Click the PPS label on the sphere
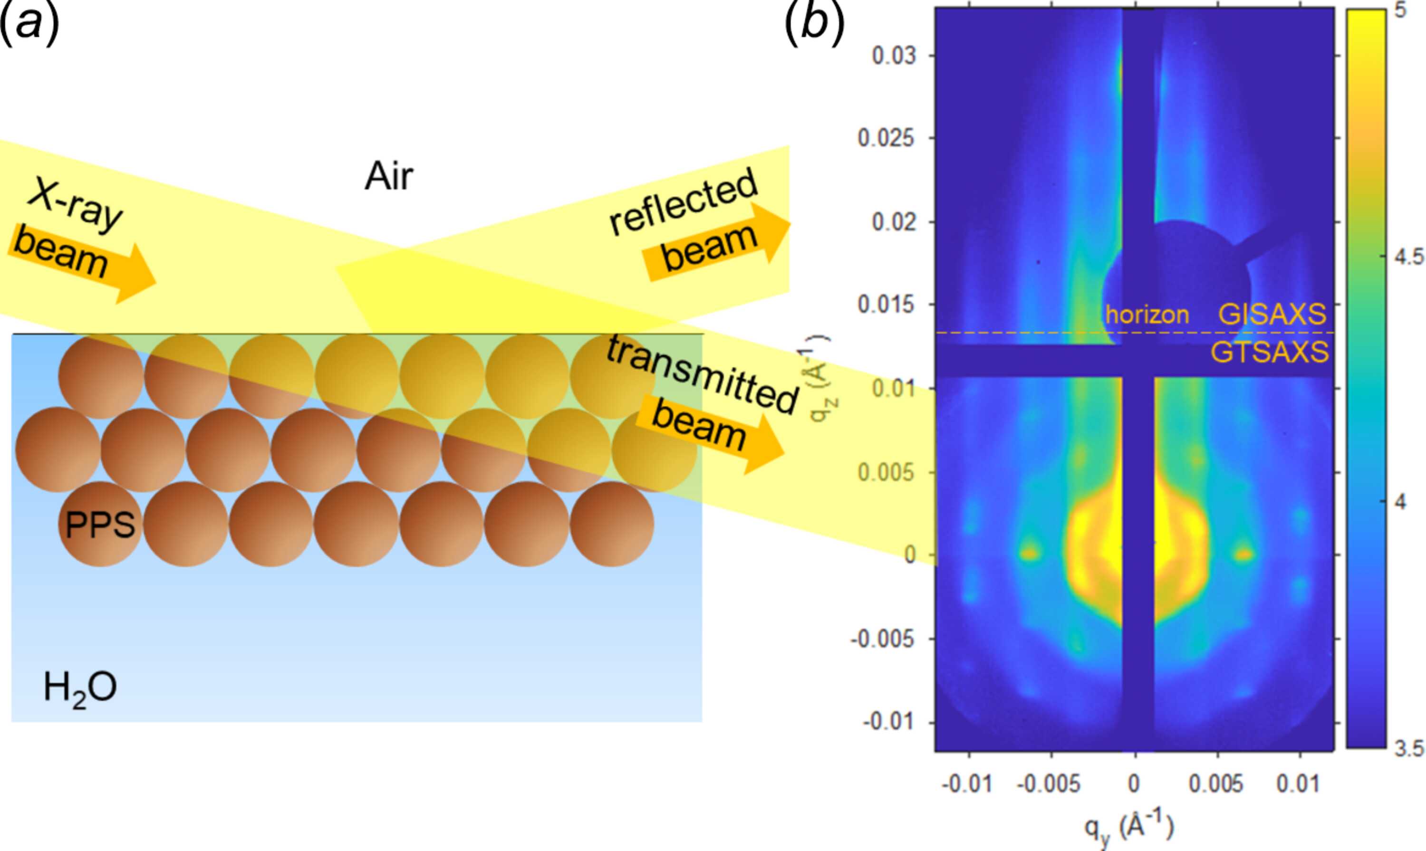[100, 524]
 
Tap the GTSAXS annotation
[1270, 352]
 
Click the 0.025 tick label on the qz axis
[886, 138]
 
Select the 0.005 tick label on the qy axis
[1216, 784]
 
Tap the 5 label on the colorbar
[1400, 11]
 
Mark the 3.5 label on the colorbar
[1409, 748]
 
